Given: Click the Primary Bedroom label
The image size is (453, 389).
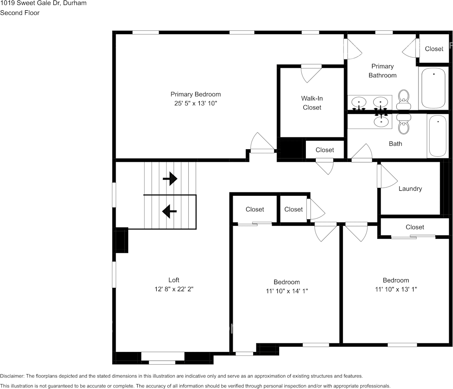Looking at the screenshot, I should click(x=196, y=94).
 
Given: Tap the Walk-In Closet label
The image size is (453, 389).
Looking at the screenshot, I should click(x=312, y=103).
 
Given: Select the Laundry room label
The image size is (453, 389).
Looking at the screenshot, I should click(x=410, y=189).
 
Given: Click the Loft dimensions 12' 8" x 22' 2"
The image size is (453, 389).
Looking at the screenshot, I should click(x=173, y=289).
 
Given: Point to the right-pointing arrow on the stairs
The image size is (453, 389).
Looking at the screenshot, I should click(x=170, y=179).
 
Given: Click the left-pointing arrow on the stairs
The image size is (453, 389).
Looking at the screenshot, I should click(x=169, y=211).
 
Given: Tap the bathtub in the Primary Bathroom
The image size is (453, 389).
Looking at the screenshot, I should click(x=432, y=88).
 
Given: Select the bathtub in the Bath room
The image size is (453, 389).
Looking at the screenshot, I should click(x=437, y=136).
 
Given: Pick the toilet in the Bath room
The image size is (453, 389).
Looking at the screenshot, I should click(x=403, y=124).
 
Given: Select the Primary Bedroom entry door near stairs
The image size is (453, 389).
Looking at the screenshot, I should click(x=262, y=144).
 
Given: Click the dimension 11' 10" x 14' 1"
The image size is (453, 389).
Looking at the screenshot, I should click(x=287, y=291).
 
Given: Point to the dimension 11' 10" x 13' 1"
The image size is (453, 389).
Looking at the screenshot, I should click(x=396, y=289).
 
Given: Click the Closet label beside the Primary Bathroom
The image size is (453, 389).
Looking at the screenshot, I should click(x=434, y=49).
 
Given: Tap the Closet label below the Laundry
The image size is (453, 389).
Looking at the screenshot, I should click(x=415, y=227).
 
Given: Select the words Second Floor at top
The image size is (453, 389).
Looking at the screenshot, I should click(x=20, y=13).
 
